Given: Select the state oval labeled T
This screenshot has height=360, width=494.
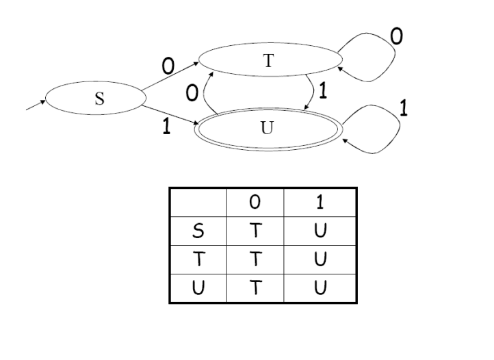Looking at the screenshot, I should [x=268, y=60].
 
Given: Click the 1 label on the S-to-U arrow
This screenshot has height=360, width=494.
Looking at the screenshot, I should [x=166, y=127].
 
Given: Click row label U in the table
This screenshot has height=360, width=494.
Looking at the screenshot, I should [x=197, y=281].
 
